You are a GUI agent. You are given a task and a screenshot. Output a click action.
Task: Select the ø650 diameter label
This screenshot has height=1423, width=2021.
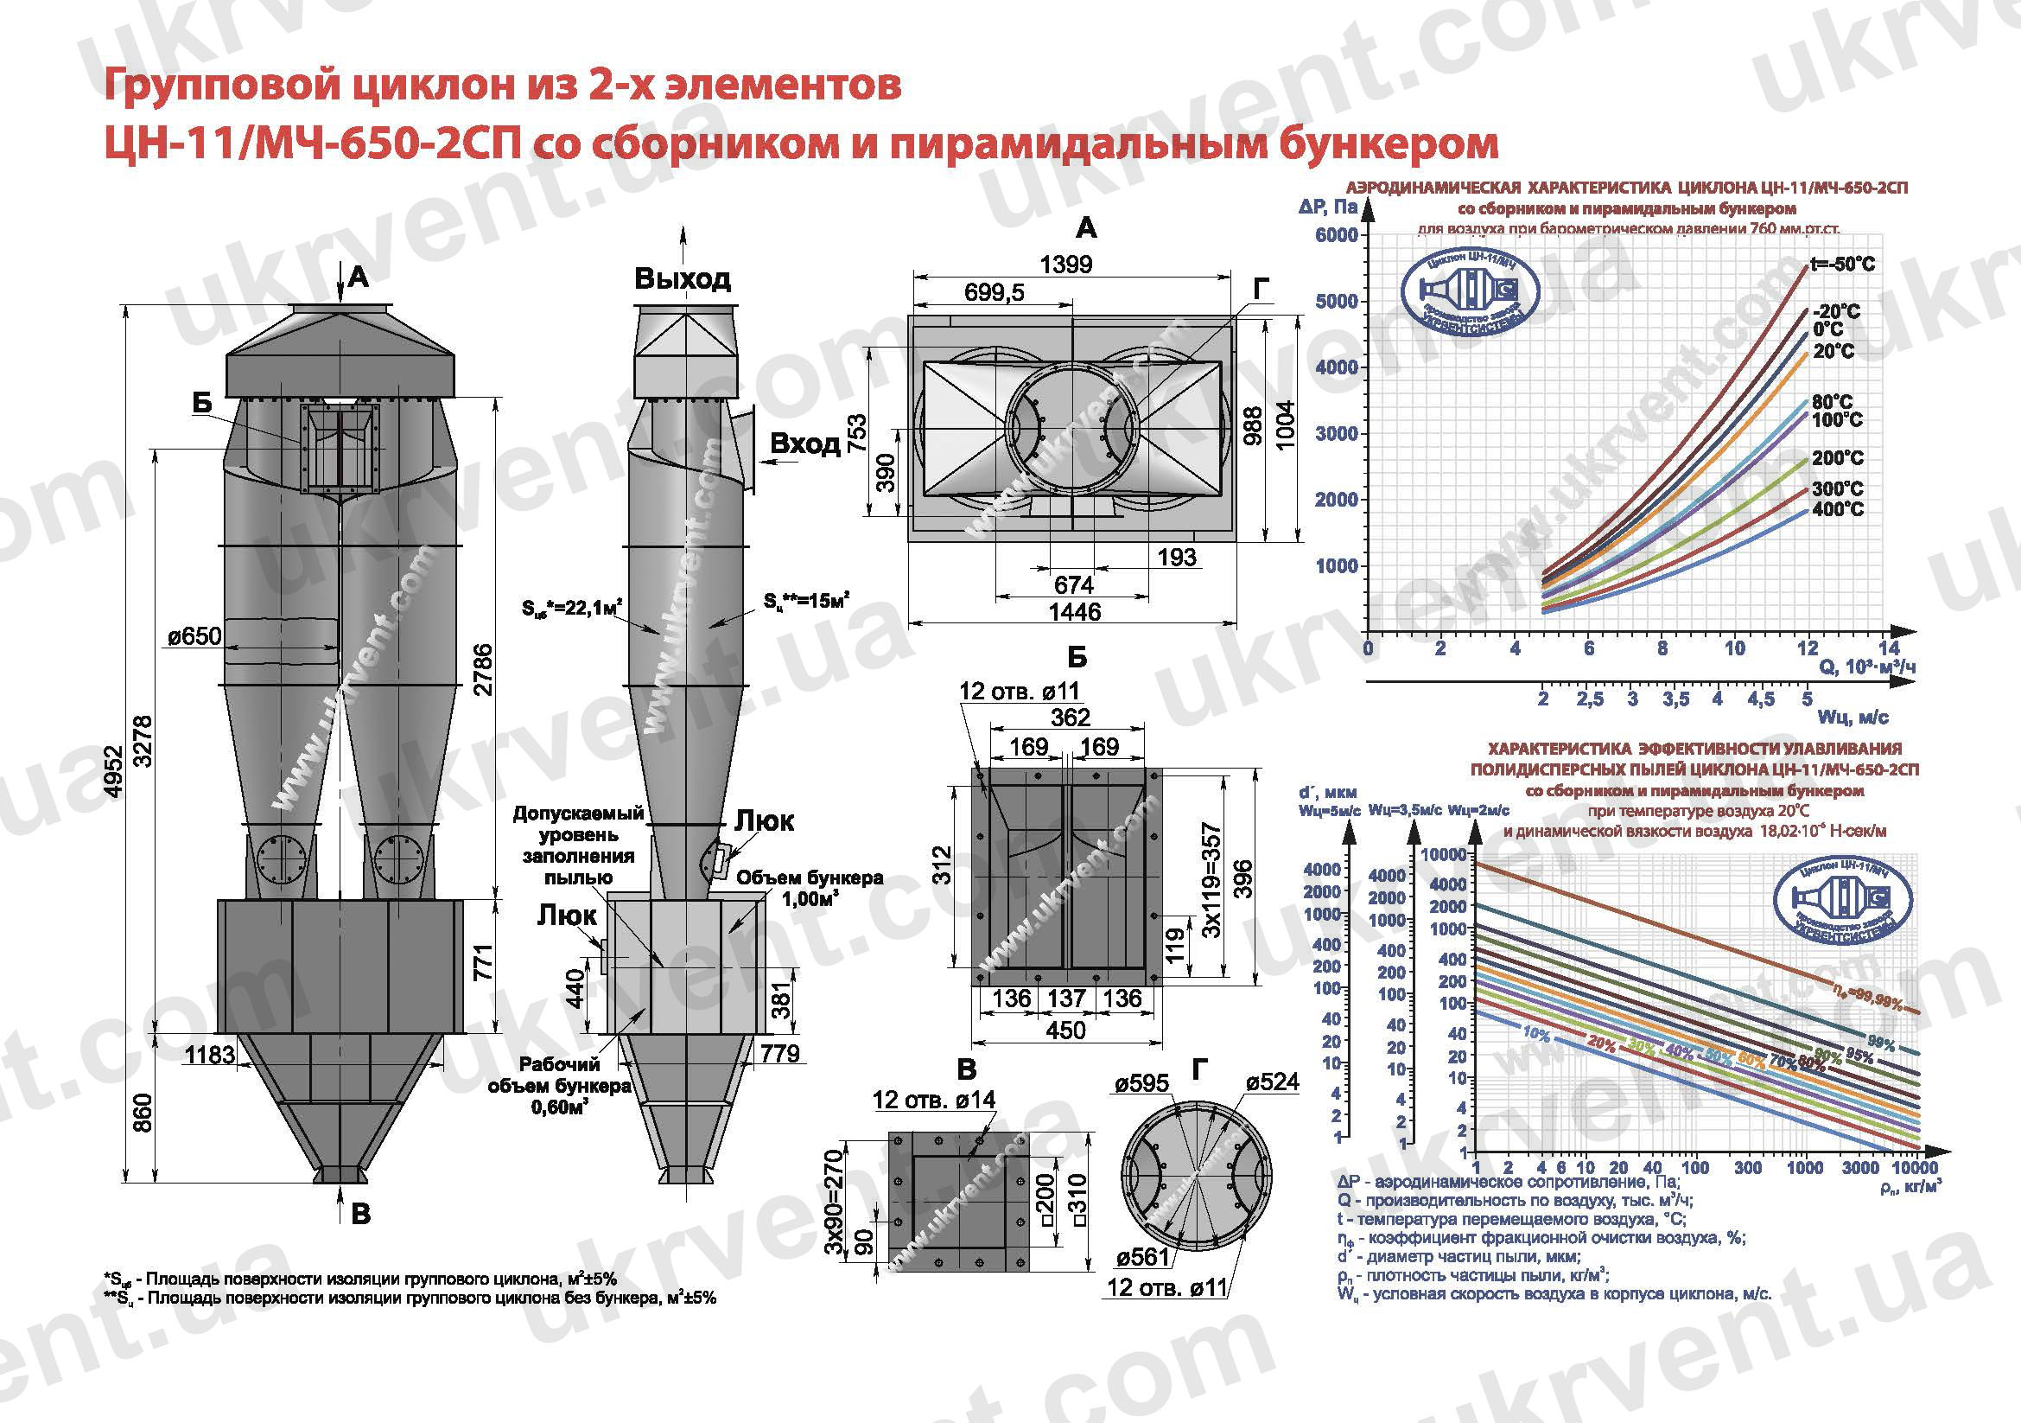click(x=194, y=635)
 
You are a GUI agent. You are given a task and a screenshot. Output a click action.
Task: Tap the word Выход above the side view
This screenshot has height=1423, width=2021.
click(x=683, y=279)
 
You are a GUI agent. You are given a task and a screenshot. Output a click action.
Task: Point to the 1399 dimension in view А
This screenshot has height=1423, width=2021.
click(x=1065, y=264)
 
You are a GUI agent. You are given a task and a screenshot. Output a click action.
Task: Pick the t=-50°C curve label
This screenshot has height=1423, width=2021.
click(x=1842, y=265)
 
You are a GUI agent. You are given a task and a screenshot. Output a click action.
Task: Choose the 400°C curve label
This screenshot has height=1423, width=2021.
click(x=1838, y=509)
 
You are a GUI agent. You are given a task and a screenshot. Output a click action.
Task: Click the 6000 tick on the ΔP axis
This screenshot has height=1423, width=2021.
click(x=1336, y=235)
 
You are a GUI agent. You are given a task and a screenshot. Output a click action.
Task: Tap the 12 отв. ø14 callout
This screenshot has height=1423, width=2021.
click(x=933, y=1100)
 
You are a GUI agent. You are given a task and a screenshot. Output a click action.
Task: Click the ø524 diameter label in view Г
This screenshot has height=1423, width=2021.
click(x=1272, y=1082)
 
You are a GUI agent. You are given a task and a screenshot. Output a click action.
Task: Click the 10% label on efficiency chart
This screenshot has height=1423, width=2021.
click(x=1535, y=1032)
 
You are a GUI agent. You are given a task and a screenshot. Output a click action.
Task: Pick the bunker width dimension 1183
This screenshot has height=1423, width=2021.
click(x=210, y=1054)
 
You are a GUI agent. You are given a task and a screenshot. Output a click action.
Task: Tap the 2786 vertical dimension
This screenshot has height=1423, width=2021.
click(x=483, y=670)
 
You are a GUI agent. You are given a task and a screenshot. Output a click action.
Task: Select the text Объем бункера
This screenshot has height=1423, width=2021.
click(x=809, y=878)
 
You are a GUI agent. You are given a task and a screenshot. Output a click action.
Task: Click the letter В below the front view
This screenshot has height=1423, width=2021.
click(x=361, y=1215)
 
